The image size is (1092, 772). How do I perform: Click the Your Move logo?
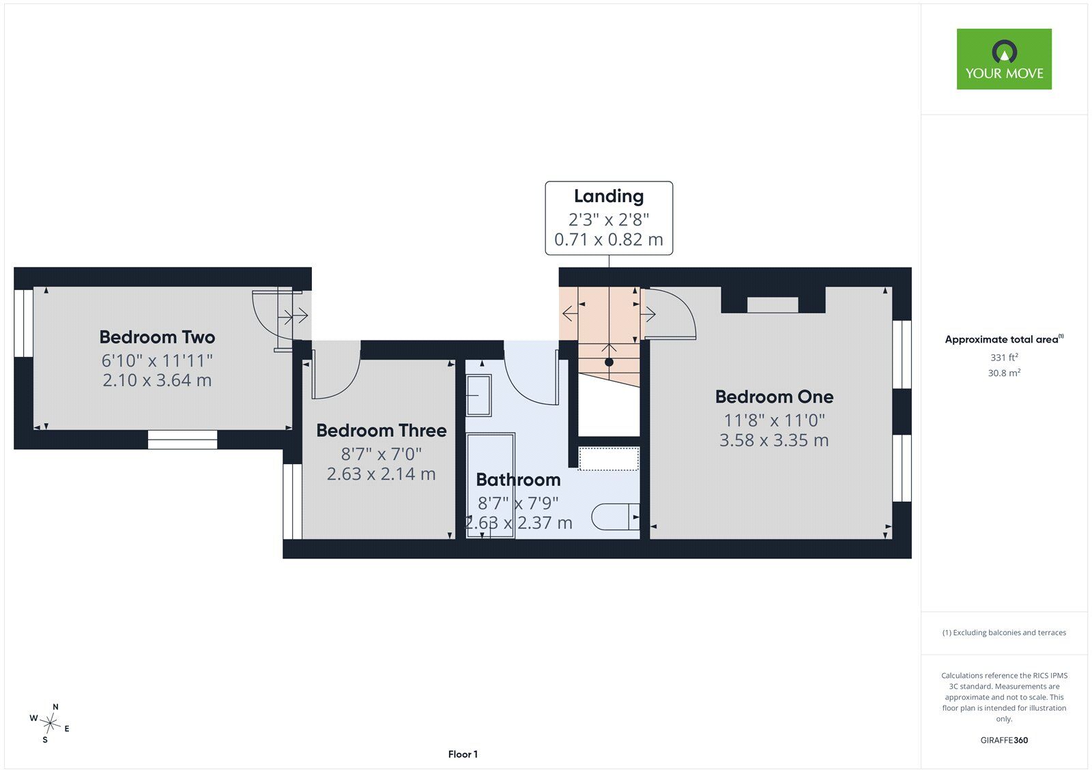click(x=1004, y=59)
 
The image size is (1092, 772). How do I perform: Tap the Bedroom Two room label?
click(x=157, y=337)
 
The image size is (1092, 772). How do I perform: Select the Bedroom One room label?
click(x=774, y=397)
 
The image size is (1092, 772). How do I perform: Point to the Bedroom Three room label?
click(x=382, y=430)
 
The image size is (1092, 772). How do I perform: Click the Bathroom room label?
click(x=518, y=479)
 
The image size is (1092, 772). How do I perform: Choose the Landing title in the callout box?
click(x=609, y=196)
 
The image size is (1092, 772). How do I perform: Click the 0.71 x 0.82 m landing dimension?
click(x=609, y=240)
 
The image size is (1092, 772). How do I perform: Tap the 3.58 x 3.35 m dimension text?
click(x=774, y=440)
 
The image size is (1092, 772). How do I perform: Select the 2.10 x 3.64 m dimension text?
click(x=157, y=380)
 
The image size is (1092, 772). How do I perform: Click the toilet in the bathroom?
click(x=615, y=517)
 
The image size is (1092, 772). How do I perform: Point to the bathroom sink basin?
click(x=478, y=395)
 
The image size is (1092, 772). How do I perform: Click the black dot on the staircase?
click(x=609, y=362)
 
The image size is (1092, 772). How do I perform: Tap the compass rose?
click(x=50, y=724)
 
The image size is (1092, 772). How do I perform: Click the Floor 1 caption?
click(x=463, y=754)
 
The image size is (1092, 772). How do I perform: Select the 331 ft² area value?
click(x=1004, y=358)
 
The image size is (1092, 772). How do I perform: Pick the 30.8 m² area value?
click(x=1004, y=373)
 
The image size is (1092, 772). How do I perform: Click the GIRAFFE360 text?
click(x=1004, y=740)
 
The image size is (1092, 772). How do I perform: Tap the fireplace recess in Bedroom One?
click(x=773, y=305)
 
